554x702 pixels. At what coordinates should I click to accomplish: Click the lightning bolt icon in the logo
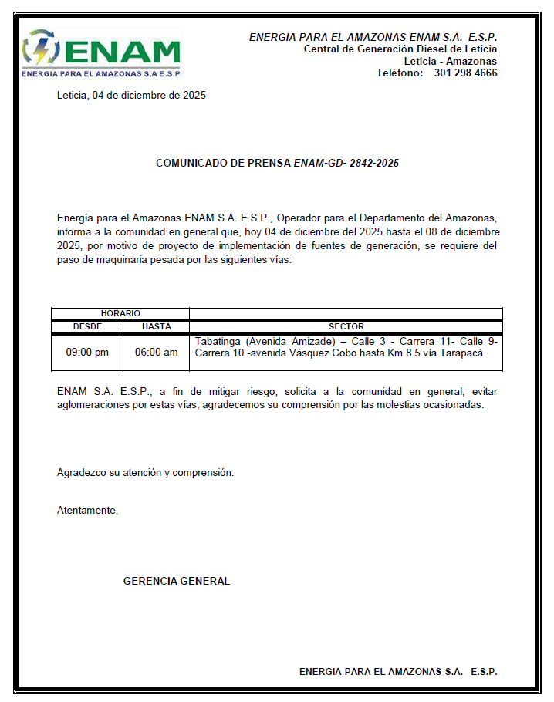click(38, 51)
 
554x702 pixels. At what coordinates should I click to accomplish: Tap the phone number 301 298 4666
click(465, 73)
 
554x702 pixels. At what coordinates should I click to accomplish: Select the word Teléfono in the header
click(400, 73)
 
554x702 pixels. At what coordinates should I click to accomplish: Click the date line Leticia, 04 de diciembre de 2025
click(131, 96)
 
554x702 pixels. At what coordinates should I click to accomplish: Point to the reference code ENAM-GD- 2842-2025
click(346, 164)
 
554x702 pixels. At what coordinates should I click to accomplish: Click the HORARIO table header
click(120, 313)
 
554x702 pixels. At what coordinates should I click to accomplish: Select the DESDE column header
click(87, 326)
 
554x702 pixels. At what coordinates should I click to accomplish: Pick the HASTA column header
click(157, 326)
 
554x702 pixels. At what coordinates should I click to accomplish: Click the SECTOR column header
click(346, 326)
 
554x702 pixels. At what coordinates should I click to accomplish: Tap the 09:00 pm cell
click(87, 353)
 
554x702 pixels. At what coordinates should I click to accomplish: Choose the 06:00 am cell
click(157, 353)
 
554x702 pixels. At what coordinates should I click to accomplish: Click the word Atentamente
click(87, 510)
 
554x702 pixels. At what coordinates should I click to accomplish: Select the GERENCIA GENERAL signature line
click(177, 581)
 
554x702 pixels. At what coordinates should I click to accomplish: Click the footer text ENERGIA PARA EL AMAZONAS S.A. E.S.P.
click(398, 672)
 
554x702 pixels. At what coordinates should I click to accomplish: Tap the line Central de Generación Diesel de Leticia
click(400, 49)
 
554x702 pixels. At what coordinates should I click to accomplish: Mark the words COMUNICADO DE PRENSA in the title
click(223, 164)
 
